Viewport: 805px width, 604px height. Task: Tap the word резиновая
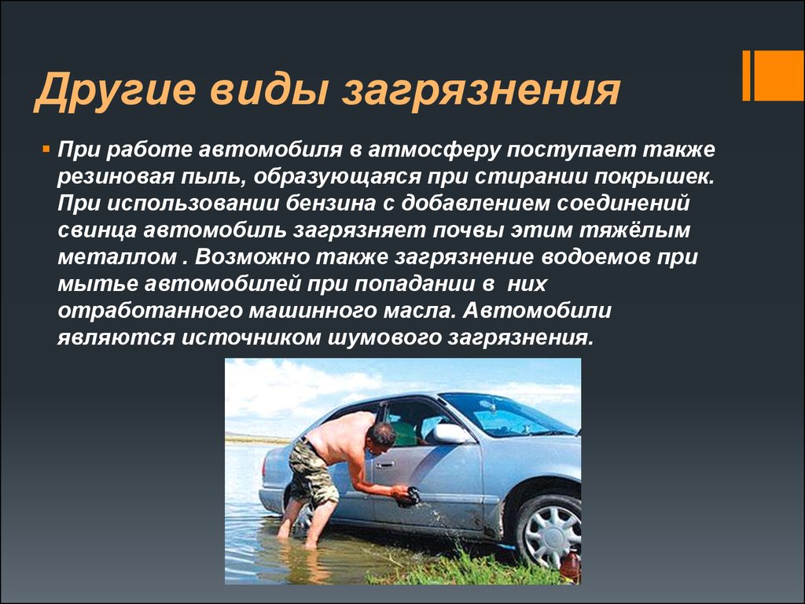[115, 177]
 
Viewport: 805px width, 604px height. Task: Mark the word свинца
[97, 230]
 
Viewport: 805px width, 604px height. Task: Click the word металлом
[117, 257]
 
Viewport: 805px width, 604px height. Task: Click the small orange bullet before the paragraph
[46, 149]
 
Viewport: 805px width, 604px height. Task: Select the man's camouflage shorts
[311, 472]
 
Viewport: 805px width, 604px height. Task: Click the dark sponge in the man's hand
[409, 496]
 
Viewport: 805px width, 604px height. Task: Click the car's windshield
[505, 414]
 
